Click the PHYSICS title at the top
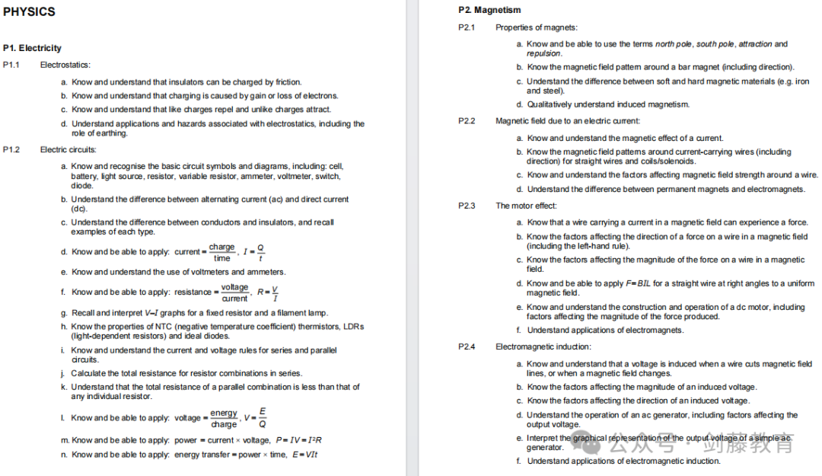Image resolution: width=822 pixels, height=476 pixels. (29, 11)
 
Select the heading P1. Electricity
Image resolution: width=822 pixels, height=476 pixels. (32, 48)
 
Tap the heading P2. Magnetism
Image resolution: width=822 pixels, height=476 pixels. (489, 10)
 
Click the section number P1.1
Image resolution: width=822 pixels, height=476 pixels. (11, 65)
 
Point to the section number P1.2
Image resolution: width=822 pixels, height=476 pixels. (11, 149)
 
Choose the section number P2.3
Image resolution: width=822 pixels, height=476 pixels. (467, 206)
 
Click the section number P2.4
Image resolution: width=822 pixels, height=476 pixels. (467, 347)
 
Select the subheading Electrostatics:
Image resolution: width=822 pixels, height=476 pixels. (65, 65)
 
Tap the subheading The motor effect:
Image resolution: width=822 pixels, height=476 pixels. (527, 206)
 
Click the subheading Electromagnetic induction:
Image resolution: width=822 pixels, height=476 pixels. (543, 347)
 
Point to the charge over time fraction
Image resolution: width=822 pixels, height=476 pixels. (221, 252)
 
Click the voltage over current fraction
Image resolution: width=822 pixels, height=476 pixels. (234, 292)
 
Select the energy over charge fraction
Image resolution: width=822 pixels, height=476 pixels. (224, 418)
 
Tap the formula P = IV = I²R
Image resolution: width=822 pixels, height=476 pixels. (298, 440)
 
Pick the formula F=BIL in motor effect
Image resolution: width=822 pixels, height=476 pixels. (639, 283)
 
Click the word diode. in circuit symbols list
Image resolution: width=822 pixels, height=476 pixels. (82, 185)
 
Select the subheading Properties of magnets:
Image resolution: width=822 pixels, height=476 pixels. (537, 27)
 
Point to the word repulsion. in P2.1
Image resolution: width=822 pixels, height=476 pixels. (544, 53)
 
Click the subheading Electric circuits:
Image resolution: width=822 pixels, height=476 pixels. (68, 149)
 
